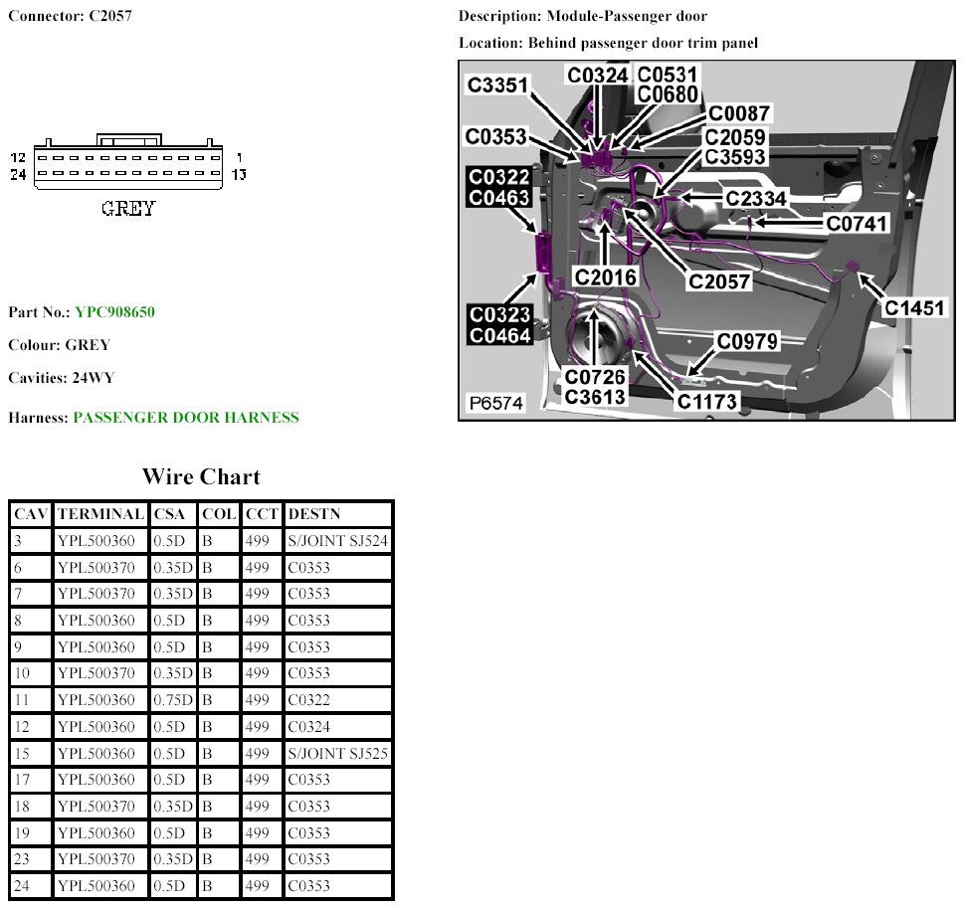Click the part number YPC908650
coord(114,312)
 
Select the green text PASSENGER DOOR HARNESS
coord(186,418)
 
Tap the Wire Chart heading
coord(201,476)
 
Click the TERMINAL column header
coord(100,514)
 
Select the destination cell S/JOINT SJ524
coord(338,541)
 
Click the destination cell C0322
coord(308,700)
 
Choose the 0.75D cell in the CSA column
coord(173,700)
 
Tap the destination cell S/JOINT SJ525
coord(338,753)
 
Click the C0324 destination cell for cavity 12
coord(308,726)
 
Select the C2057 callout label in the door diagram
coord(719,280)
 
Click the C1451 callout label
coord(914,308)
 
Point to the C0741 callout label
coord(857,224)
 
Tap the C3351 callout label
coord(497,86)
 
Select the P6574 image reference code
coord(497,403)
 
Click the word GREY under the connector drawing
coord(128,209)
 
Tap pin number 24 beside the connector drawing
coord(18,175)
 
